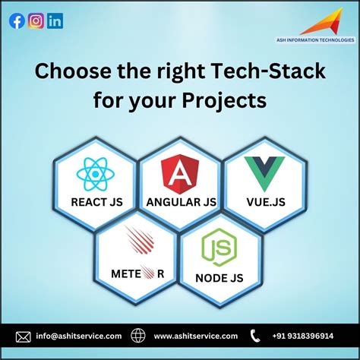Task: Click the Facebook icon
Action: pyautogui.click(x=17, y=21)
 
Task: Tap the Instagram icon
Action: pyautogui.click(x=36, y=21)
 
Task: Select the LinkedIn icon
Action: pyautogui.click(x=55, y=21)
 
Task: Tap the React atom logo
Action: pyautogui.click(x=96, y=175)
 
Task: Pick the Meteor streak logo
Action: pyautogui.click(x=140, y=242)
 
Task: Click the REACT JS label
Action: pyautogui.click(x=96, y=202)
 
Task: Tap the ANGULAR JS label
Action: pyautogui.click(x=180, y=202)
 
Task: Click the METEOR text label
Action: pyautogui.click(x=137, y=273)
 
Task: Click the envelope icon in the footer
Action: pyautogui.click(x=24, y=336)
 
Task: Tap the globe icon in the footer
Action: pyautogui.click(x=137, y=336)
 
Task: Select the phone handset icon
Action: pyautogui.click(x=255, y=336)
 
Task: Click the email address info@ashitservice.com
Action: pyautogui.click(x=79, y=336)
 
